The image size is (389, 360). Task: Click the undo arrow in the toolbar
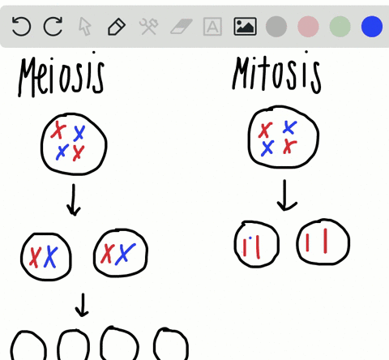[x=21, y=26]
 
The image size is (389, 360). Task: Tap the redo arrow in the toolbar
[x=53, y=26]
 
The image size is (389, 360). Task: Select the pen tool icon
[x=117, y=27]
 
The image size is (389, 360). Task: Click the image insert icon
[x=245, y=26]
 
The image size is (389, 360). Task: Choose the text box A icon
[x=212, y=27]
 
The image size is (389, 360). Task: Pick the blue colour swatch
[x=372, y=26]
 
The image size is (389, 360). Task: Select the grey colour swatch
[x=276, y=26]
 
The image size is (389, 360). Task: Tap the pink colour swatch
[x=308, y=26]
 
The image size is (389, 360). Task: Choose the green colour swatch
[x=340, y=26]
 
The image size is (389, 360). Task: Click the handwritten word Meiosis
[x=61, y=75]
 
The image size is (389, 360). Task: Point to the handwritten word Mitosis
[x=276, y=73]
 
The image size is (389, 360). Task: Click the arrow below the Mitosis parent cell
[x=285, y=195]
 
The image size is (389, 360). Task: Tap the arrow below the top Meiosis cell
[x=74, y=199]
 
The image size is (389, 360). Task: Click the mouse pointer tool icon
[x=85, y=27]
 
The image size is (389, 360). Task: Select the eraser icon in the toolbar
[x=182, y=26]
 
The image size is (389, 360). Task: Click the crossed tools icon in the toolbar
[x=148, y=26]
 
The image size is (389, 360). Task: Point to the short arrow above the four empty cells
[x=82, y=305]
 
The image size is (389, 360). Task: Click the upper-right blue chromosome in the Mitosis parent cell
[x=289, y=127]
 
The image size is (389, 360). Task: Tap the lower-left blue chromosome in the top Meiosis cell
[x=62, y=152]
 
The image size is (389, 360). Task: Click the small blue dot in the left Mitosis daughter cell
[x=250, y=238]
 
